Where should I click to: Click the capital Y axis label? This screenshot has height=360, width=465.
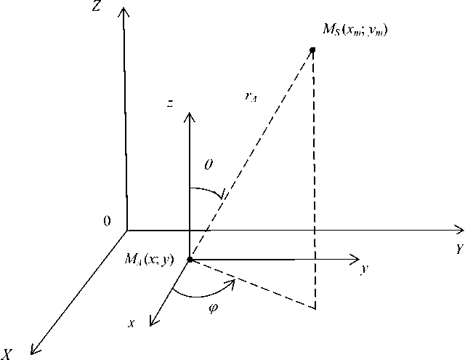point(459,249)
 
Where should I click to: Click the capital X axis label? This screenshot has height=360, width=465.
point(7,354)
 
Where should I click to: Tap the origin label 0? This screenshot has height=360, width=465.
point(108,222)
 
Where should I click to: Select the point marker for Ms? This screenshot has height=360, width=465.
point(313,50)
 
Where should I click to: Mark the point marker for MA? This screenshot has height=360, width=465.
point(190,259)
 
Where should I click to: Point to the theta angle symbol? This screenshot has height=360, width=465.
point(209,166)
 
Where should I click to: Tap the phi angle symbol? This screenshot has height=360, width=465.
point(213,307)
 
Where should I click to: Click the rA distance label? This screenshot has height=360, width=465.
point(251,97)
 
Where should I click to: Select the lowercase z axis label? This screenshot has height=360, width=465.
point(169,104)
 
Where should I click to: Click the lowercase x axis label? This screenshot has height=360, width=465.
point(132,323)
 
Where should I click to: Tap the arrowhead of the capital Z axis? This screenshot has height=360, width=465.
point(124,10)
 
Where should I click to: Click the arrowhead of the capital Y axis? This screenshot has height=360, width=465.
point(458,230)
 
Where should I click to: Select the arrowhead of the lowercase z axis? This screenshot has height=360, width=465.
point(190,116)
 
